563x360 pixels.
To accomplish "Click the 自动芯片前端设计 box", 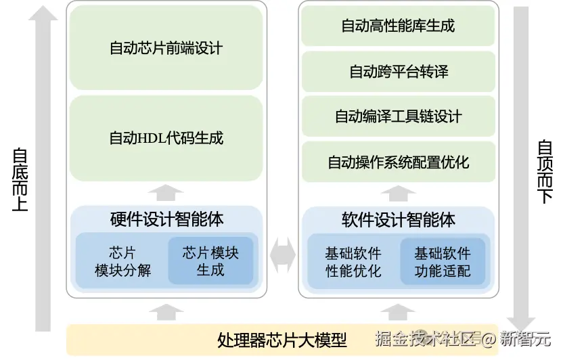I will click(x=166, y=49).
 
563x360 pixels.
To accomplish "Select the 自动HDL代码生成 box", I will click(x=166, y=138).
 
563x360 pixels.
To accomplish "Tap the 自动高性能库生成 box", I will click(x=398, y=26).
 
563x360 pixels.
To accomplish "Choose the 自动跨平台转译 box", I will click(x=398, y=71).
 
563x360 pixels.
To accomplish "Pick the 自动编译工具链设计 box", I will click(x=398, y=116).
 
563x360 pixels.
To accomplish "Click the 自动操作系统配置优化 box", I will click(x=398, y=162).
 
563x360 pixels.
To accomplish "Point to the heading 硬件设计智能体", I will click(x=166, y=219).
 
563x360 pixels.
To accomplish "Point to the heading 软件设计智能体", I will click(x=398, y=219).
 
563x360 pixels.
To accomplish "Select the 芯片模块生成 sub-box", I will click(x=210, y=261).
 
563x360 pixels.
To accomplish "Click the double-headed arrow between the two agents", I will click(x=283, y=254).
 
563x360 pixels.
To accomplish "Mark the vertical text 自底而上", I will click(x=20, y=179).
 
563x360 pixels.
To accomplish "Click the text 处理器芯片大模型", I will click(x=281, y=340).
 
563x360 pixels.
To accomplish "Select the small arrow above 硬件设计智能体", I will click(x=166, y=193).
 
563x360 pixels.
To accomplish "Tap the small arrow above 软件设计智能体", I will click(x=398, y=193).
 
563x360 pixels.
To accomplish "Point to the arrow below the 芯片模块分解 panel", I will click(x=166, y=311).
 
